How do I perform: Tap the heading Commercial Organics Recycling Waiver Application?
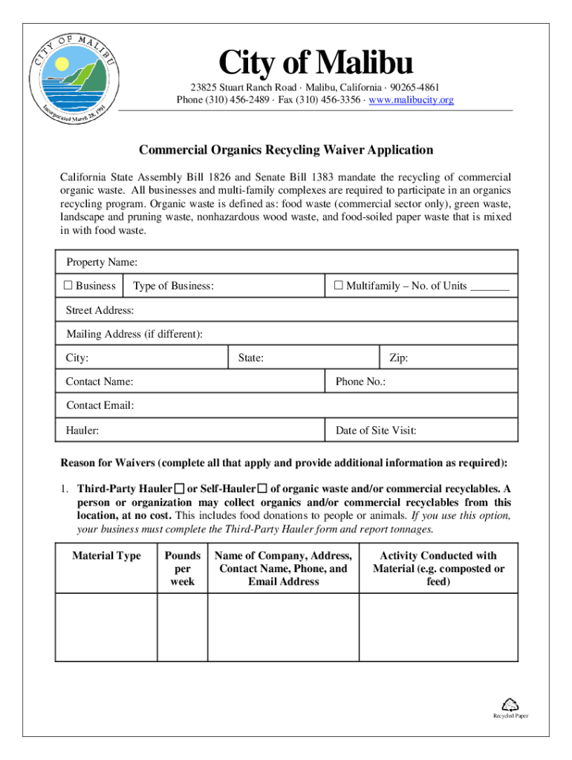(x=286, y=150)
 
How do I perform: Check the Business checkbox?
(x=67, y=286)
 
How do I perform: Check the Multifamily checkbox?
(x=338, y=286)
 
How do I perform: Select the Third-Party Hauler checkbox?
(x=179, y=488)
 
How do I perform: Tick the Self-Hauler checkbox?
(x=261, y=488)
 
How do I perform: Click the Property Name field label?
(x=102, y=263)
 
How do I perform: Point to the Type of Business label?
(x=174, y=286)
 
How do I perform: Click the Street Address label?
(x=100, y=310)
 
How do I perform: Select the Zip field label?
(x=398, y=358)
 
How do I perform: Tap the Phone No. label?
(x=360, y=381)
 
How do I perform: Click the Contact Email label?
(x=100, y=405)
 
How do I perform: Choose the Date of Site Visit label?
(x=376, y=430)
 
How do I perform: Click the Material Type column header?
(x=106, y=556)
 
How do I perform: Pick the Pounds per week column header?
(x=183, y=569)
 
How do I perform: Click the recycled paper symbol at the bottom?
(x=510, y=704)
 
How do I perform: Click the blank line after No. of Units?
(x=490, y=287)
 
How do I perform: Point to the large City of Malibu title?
(x=315, y=64)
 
